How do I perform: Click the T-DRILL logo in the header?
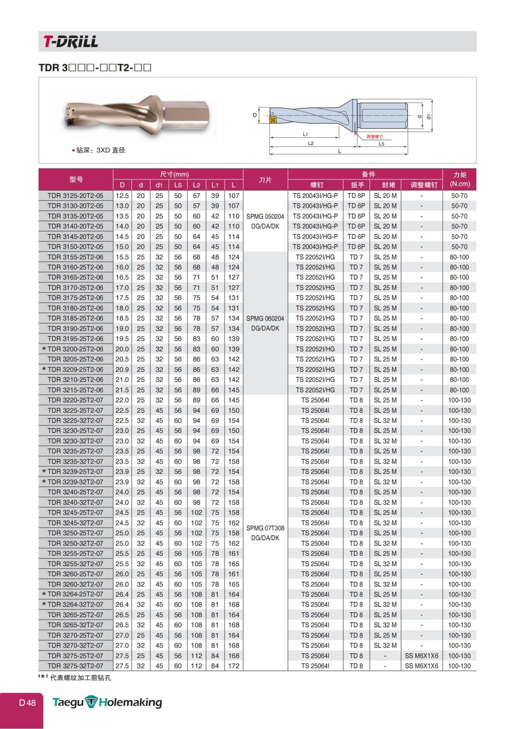click(70, 42)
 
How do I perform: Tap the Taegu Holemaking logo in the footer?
click(107, 702)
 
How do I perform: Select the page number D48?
click(27, 703)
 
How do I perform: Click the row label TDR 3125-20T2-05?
click(75, 196)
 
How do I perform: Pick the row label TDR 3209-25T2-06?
click(75, 369)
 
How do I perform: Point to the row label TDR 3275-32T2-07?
click(75, 666)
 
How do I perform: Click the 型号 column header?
click(76, 179)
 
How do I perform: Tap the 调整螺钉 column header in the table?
click(421, 185)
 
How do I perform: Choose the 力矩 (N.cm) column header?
click(459, 179)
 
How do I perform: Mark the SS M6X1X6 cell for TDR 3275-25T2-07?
click(421, 656)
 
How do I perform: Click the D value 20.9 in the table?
click(122, 369)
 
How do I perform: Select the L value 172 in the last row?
click(234, 666)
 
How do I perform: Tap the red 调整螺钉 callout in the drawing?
click(374, 136)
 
